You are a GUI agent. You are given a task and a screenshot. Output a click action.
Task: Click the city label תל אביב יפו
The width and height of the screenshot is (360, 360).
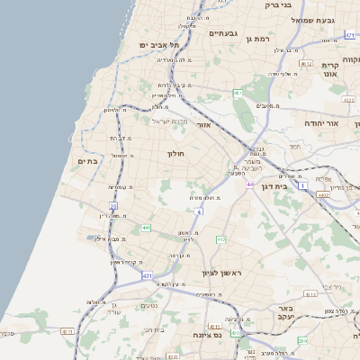tap(159, 44)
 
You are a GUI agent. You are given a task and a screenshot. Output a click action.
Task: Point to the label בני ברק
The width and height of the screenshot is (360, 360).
tap(287, 5)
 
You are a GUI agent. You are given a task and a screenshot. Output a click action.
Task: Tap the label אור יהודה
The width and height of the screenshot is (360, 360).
tap(325, 121)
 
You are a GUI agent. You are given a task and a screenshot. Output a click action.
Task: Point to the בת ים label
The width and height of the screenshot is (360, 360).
tap(87, 161)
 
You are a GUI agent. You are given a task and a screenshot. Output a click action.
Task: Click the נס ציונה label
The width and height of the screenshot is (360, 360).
tap(208, 335)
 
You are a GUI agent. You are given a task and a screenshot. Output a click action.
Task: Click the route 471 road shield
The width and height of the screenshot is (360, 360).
tap(349, 35)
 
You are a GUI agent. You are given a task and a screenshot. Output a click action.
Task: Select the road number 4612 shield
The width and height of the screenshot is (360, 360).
tap(306, 64)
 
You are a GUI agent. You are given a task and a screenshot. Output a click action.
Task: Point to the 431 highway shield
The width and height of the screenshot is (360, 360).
tap(146, 275)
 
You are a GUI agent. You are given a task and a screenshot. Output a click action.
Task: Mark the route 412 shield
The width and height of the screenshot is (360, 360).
tap(220, 238)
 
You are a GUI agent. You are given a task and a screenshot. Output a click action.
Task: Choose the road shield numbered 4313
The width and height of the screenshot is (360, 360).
tap(310, 293)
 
